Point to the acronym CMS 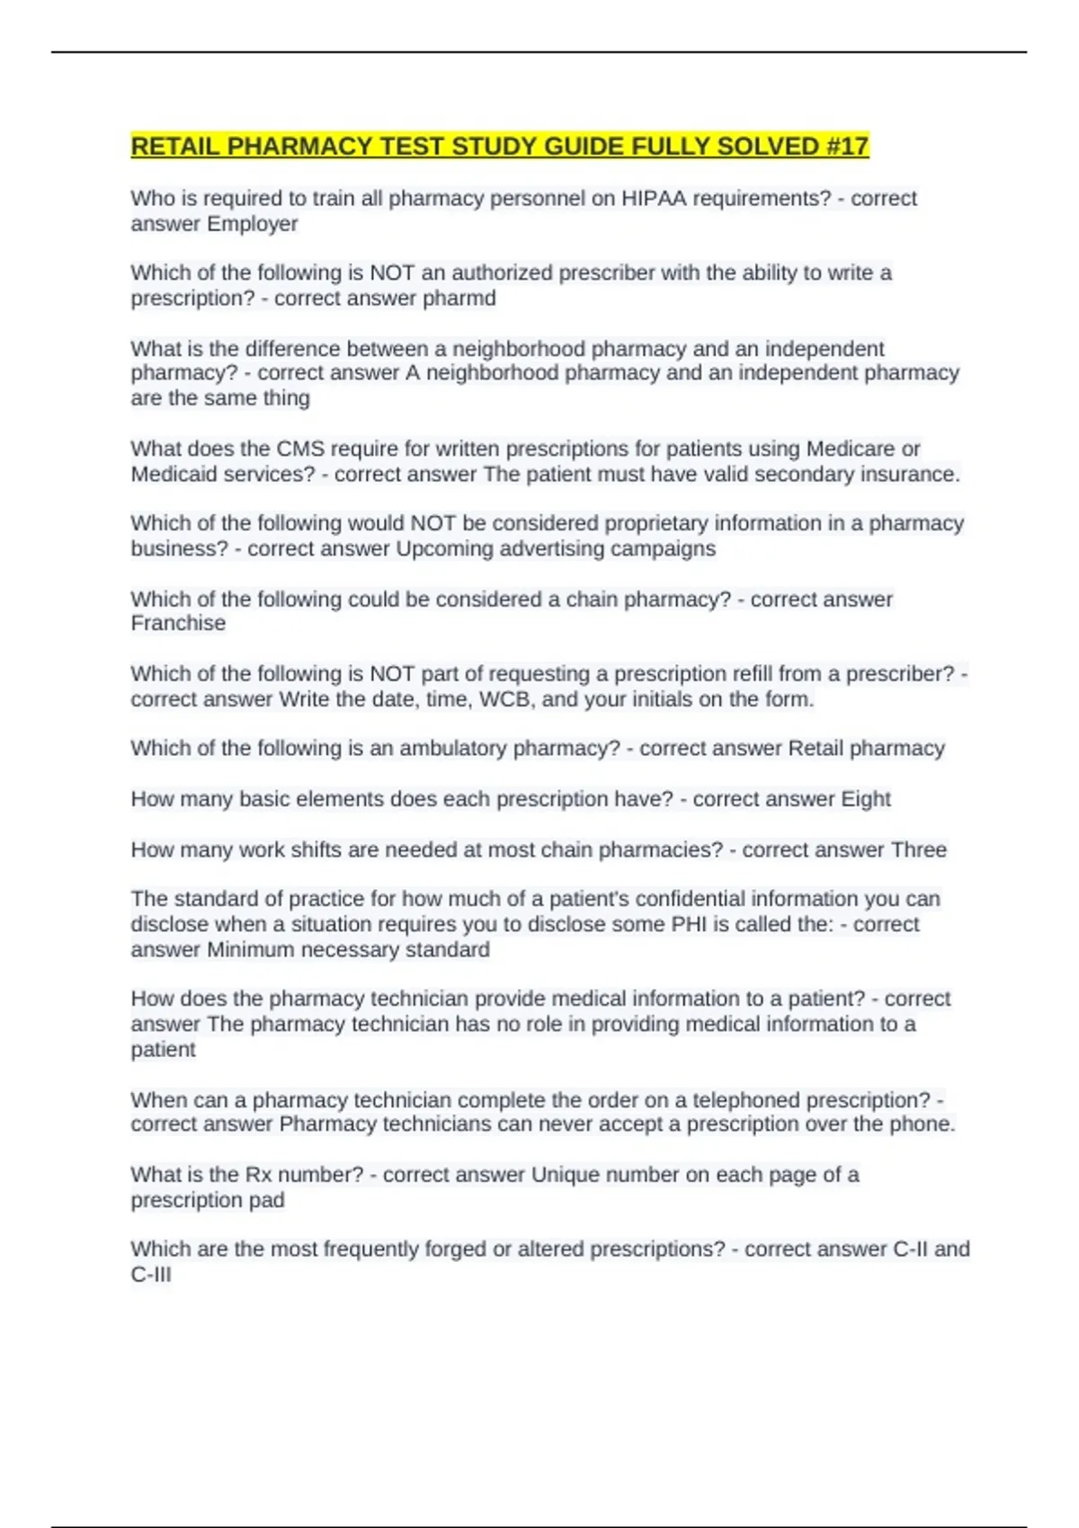(x=300, y=449)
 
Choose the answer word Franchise (x=178, y=623)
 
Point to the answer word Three (x=918, y=849)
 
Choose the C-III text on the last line (x=151, y=1275)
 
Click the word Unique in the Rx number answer (x=565, y=1175)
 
